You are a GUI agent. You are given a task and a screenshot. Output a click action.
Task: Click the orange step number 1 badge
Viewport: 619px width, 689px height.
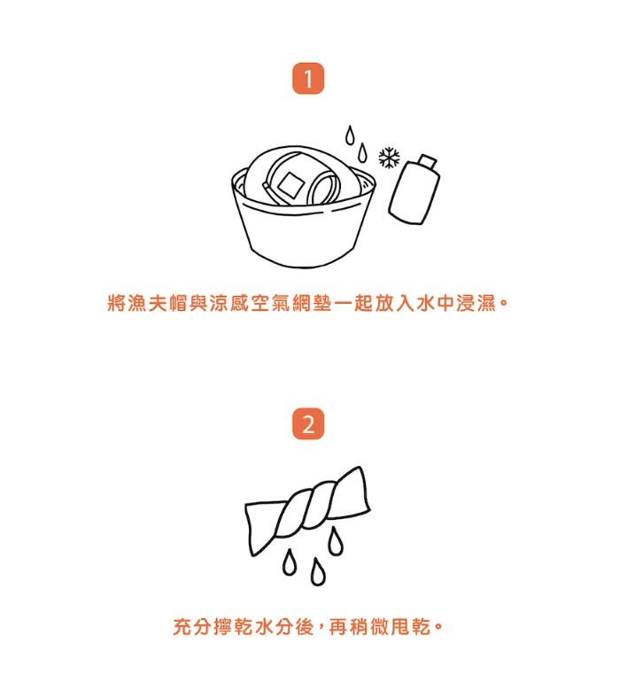pos(308,78)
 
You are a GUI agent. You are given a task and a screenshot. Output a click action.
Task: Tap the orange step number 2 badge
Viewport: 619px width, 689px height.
pos(308,423)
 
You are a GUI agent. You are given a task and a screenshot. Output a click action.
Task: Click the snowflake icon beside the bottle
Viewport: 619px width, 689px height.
pos(390,158)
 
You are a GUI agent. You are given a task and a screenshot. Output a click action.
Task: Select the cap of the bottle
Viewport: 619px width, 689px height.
pos(428,162)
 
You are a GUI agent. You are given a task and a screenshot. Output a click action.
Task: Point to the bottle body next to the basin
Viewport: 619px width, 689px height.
pos(414,193)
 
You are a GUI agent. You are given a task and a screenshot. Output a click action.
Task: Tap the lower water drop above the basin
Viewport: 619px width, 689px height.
pos(362,152)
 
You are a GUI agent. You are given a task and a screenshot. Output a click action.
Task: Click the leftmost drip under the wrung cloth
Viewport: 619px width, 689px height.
pos(289,562)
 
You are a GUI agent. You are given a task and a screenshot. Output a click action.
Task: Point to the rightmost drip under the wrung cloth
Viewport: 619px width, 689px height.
pos(337,541)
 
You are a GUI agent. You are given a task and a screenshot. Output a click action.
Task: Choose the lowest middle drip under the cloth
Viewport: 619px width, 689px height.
pos(318,572)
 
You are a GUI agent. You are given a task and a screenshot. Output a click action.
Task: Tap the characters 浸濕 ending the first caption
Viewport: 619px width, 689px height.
pos(476,303)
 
